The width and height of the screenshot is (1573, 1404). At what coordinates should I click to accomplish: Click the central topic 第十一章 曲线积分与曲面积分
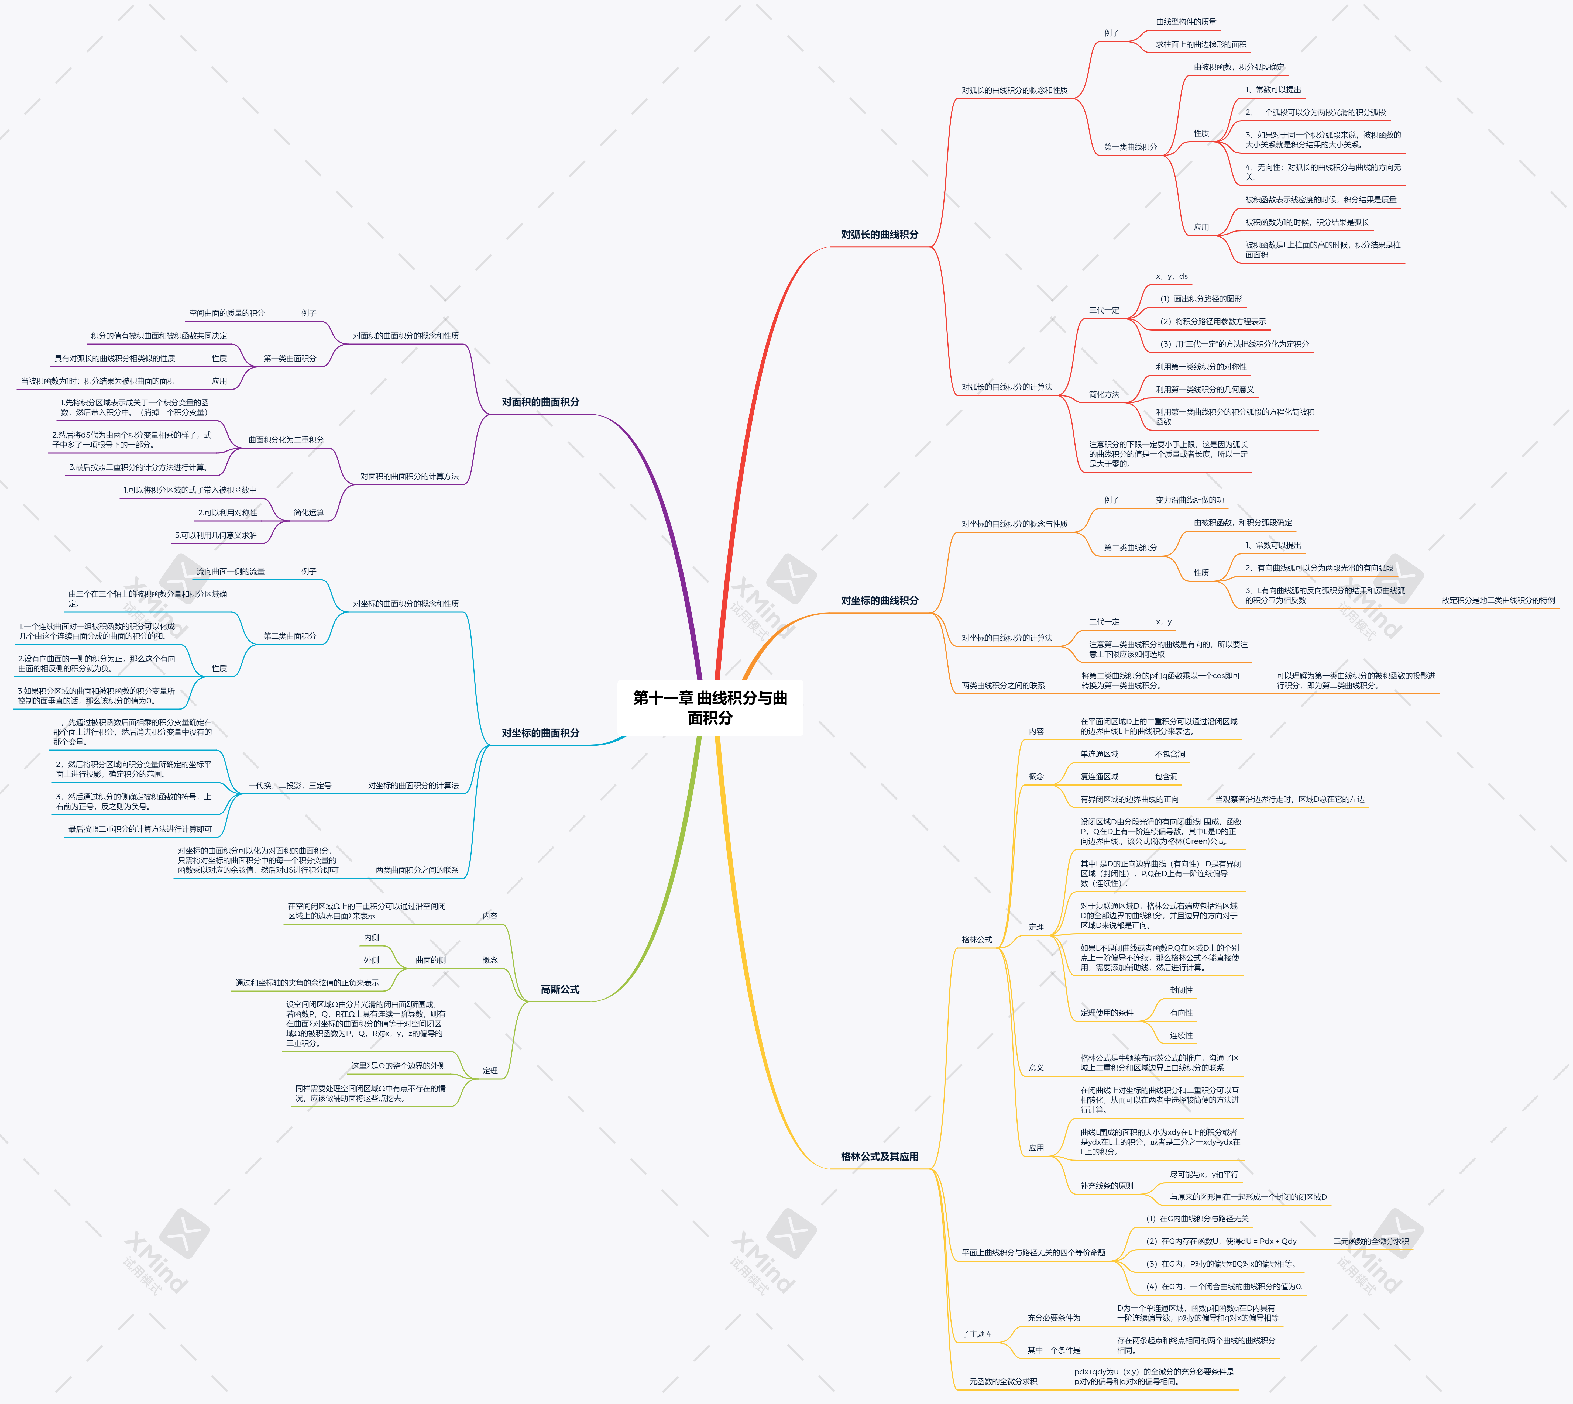pyautogui.click(x=710, y=707)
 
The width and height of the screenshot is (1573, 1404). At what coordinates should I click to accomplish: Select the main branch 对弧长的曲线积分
pyautogui.click(x=880, y=235)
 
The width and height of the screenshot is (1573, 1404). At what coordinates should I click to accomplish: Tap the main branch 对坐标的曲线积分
pyautogui.click(x=880, y=600)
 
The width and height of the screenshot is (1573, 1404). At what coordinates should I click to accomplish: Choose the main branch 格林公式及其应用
pyautogui.click(x=880, y=1156)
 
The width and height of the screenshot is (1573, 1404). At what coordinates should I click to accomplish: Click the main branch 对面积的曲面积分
pyautogui.click(x=540, y=402)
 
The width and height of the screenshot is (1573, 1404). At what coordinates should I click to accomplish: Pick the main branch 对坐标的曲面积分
pyautogui.click(x=540, y=733)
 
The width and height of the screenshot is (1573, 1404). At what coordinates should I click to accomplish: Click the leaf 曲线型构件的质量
pyautogui.click(x=1186, y=22)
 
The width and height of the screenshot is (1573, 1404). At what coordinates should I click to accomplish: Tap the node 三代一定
pyautogui.click(x=1104, y=310)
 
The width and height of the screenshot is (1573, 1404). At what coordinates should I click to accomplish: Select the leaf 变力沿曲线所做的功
pyautogui.click(x=1189, y=500)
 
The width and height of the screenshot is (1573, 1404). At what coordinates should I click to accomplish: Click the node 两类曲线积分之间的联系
pyautogui.click(x=1003, y=685)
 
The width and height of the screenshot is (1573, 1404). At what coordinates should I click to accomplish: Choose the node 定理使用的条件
pyautogui.click(x=1106, y=1013)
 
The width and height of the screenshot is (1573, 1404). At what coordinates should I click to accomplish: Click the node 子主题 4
pyautogui.click(x=976, y=1334)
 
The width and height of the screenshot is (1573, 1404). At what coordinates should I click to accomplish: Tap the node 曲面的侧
pyautogui.click(x=431, y=961)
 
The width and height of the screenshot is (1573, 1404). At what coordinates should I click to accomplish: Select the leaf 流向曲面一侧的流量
pyautogui.click(x=230, y=572)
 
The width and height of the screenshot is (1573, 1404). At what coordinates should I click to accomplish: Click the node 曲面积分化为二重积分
pyautogui.click(x=286, y=440)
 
